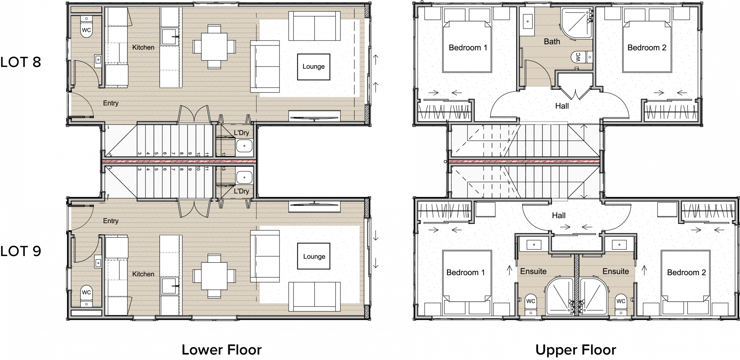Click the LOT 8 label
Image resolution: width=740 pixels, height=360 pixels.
[21, 62]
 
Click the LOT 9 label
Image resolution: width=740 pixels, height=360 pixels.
[21, 251]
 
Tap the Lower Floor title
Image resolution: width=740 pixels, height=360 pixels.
[222, 350]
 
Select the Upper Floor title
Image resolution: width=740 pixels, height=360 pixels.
[576, 350]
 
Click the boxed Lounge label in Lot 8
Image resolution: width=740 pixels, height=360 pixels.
[313, 67]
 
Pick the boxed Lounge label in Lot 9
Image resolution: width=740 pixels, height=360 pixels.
[314, 256]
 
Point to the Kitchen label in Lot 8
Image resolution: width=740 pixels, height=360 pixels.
[143, 47]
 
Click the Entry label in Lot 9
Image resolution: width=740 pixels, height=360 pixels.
[111, 221]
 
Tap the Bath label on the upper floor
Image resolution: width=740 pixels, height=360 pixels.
[552, 42]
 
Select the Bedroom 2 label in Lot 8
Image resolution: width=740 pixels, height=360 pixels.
[647, 48]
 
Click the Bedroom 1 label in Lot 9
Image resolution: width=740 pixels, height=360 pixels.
[465, 273]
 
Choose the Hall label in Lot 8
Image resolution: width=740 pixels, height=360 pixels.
[562, 106]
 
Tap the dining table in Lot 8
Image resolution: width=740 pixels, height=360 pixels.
[214, 47]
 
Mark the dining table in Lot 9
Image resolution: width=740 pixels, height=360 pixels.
[214, 276]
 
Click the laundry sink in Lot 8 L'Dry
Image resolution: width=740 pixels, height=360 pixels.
[244, 146]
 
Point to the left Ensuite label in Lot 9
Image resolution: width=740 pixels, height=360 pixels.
[533, 272]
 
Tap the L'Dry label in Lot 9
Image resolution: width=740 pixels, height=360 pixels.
[241, 191]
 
